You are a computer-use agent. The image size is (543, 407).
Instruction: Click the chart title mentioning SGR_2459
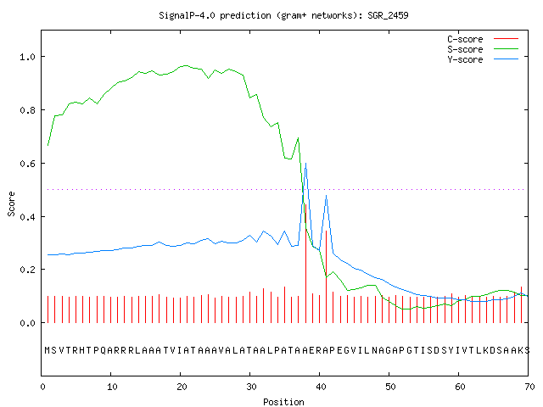(283, 15)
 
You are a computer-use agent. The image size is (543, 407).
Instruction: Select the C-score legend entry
(483, 39)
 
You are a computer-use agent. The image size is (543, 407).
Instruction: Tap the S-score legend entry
(483, 49)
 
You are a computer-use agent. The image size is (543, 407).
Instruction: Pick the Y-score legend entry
(483, 59)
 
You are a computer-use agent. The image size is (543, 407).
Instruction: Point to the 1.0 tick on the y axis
(28, 57)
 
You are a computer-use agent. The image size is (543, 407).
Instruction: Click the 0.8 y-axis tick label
(28, 110)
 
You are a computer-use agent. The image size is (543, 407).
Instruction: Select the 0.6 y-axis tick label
(28, 164)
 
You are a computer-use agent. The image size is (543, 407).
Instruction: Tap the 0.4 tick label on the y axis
(28, 217)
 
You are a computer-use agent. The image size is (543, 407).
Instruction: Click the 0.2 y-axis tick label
(28, 270)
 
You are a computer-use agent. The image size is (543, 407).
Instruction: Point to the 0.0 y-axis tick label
(28, 323)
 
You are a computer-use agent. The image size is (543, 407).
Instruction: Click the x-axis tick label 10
(112, 387)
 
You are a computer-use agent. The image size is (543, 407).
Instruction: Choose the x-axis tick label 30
(251, 387)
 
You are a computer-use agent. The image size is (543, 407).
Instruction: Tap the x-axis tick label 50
(390, 387)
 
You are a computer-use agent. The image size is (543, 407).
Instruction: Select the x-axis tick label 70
(529, 387)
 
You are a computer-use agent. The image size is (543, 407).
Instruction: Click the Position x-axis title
(283, 402)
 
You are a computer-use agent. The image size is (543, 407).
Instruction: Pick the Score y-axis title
(11, 203)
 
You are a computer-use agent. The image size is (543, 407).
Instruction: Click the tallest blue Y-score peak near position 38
(305, 164)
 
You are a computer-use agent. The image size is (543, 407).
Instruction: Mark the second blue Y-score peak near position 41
(326, 196)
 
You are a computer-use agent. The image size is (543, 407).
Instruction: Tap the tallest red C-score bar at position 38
(305, 264)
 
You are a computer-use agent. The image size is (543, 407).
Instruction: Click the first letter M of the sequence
(48, 350)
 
